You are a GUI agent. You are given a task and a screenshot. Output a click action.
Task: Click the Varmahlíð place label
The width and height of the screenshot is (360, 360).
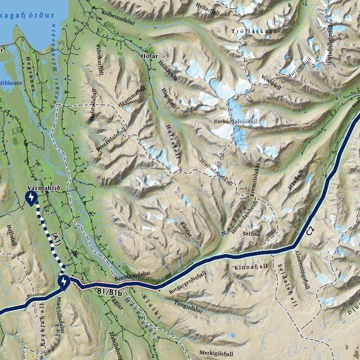[x=43, y=188]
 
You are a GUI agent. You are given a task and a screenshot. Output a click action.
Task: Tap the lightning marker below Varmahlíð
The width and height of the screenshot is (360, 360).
[x=32, y=199]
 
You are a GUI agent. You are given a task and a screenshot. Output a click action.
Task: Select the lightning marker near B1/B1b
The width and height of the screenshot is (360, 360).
[x=64, y=283]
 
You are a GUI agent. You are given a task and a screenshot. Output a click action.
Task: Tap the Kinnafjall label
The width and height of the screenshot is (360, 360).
[x=251, y=267]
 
